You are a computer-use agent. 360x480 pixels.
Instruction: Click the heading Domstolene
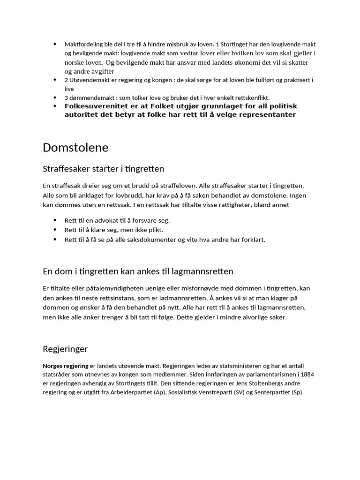click(75, 148)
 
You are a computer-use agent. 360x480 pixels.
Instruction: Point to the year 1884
click(307, 375)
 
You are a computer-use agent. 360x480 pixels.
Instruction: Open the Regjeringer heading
click(65, 349)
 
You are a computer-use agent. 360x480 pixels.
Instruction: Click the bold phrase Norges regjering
click(65, 366)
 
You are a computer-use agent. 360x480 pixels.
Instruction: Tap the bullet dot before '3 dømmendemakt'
click(55, 97)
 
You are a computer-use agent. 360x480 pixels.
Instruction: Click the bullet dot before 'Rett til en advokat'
click(55, 220)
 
